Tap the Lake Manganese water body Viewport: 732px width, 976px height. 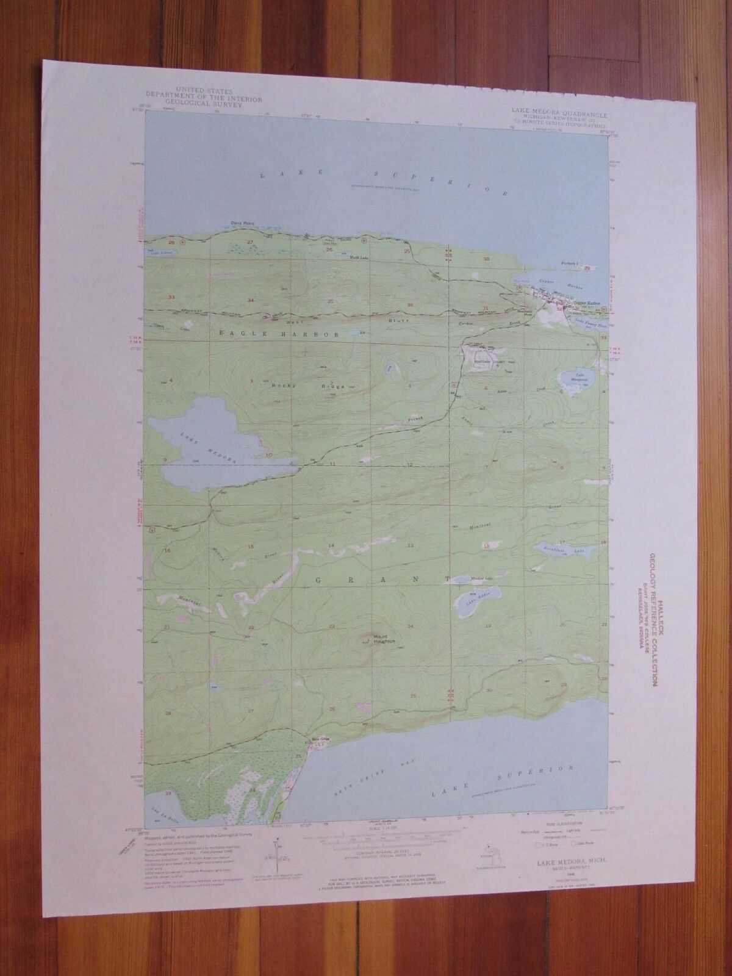pos(576,380)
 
